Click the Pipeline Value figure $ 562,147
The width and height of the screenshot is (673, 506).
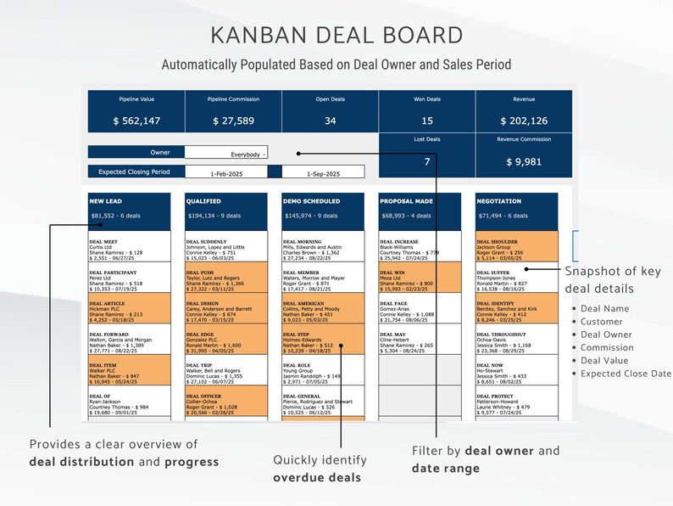click(x=136, y=121)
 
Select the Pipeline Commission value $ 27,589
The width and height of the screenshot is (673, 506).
click(x=233, y=121)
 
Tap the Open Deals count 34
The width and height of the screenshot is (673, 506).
click(x=330, y=121)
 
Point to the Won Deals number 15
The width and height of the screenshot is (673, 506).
click(x=426, y=121)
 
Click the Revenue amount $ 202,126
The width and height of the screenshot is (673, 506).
click(x=523, y=121)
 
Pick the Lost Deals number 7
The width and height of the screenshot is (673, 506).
click(x=426, y=161)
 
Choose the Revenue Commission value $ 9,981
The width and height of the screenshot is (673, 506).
click(x=523, y=161)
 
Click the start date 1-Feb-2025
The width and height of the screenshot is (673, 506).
click(x=225, y=172)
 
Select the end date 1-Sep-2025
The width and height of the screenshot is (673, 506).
click(x=322, y=172)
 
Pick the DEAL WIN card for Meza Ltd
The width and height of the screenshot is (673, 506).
click(x=419, y=278)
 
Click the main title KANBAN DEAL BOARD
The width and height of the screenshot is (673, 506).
click(x=336, y=35)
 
